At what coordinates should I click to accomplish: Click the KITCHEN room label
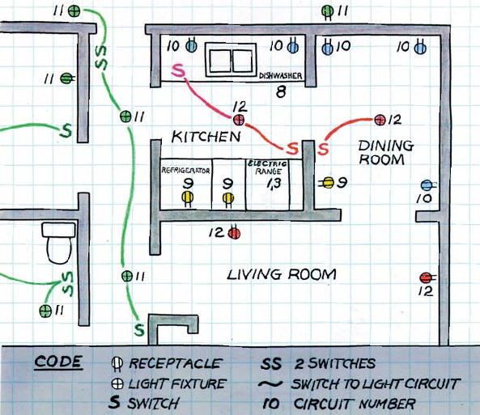click(206, 137)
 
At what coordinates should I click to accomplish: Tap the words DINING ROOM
click(385, 153)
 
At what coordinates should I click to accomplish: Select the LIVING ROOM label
click(281, 275)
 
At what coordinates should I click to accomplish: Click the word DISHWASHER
click(281, 77)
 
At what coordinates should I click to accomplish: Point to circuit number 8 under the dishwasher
click(281, 92)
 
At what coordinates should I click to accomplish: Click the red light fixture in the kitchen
click(239, 120)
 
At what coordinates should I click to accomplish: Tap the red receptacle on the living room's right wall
click(426, 278)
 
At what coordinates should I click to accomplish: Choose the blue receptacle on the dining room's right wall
click(427, 185)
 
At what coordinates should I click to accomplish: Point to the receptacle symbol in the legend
click(117, 363)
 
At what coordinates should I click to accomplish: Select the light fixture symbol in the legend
click(117, 383)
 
